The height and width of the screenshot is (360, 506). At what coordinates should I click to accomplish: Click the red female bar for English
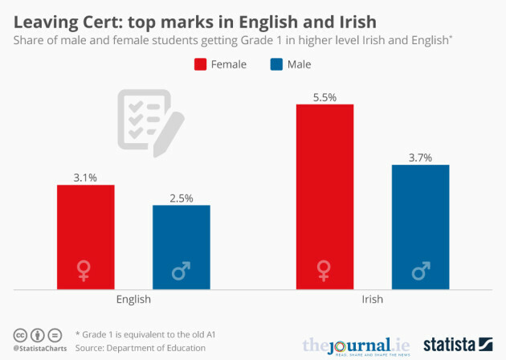point(85,236)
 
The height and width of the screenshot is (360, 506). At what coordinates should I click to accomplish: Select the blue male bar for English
point(181,247)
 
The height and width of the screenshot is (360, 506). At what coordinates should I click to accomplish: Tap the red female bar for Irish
point(324,196)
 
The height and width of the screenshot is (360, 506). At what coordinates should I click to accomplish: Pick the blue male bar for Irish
point(420,226)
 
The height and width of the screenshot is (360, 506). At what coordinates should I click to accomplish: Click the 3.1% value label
point(85,177)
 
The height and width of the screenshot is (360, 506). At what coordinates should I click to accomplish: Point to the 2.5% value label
point(181,198)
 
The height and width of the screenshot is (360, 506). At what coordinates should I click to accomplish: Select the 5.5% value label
point(324,96)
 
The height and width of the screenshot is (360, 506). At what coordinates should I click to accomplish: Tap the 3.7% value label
point(420,157)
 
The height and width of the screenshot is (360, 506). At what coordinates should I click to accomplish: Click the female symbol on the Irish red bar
point(324,270)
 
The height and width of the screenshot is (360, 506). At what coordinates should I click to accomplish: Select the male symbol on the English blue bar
point(181,271)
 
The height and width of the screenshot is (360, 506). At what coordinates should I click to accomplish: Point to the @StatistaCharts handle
point(38,349)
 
